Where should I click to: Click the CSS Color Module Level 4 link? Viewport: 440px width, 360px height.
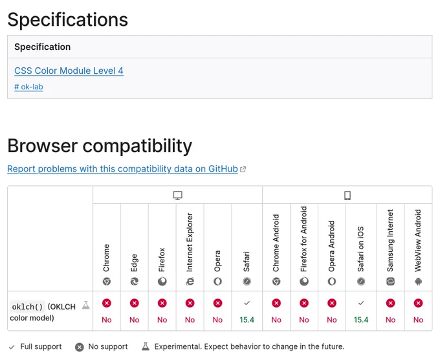pyautogui.click(x=69, y=71)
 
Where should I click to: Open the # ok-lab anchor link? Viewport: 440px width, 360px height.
pyautogui.click(x=28, y=87)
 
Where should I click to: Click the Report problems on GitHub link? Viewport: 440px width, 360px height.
pyautogui.click(x=123, y=169)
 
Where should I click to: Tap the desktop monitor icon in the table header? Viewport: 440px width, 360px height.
pyautogui.click(x=178, y=195)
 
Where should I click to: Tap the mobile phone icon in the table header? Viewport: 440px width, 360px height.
pyautogui.click(x=347, y=195)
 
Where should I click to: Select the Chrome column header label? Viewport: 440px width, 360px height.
pyautogui.click(x=106, y=258)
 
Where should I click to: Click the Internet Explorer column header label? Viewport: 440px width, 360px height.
pyautogui.click(x=190, y=242)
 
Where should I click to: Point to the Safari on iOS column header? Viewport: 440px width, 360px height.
pyautogui.click(x=360, y=249)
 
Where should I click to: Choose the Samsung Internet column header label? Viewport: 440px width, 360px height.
pyautogui.click(x=390, y=240)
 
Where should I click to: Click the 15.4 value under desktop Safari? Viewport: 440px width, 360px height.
pyautogui.click(x=247, y=320)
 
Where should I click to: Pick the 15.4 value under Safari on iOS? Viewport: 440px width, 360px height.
pyautogui.click(x=361, y=320)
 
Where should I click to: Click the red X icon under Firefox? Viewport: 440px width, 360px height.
pyautogui.click(x=162, y=303)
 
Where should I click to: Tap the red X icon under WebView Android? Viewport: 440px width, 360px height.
pyautogui.click(x=418, y=303)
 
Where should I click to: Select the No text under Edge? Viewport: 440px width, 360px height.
pyautogui.click(x=135, y=320)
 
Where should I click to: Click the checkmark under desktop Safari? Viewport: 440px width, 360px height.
pyautogui.click(x=247, y=303)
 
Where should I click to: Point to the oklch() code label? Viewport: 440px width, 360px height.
pyautogui.click(x=27, y=307)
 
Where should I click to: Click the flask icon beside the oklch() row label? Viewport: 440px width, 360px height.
pyautogui.click(x=86, y=305)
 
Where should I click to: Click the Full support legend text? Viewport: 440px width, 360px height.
pyautogui.click(x=41, y=346)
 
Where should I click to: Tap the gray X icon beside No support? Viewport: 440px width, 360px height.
pyautogui.click(x=80, y=347)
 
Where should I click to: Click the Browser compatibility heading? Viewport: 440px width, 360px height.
pyautogui.click(x=100, y=146)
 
